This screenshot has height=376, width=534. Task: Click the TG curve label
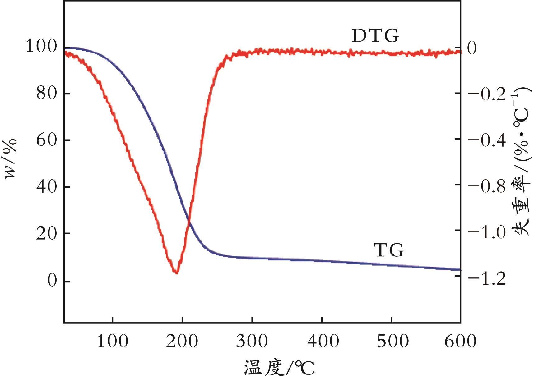click(389, 250)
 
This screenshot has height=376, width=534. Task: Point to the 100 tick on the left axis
click(42, 47)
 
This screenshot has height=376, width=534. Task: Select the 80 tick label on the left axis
click(47, 93)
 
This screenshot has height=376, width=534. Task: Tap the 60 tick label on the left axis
click(47, 140)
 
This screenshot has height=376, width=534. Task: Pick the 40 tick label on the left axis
click(47, 187)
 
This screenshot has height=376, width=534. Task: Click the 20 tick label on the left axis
click(47, 233)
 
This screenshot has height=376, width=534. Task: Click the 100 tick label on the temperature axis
click(112, 341)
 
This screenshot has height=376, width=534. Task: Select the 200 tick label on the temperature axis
click(182, 341)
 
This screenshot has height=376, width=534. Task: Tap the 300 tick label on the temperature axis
click(252, 341)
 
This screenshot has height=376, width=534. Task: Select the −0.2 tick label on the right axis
click(487, 94)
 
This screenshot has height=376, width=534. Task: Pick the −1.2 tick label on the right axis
click(487, 279)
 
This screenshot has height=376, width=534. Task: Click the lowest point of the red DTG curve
click(176, 273)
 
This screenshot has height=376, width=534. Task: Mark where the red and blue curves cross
click(189, 221)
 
